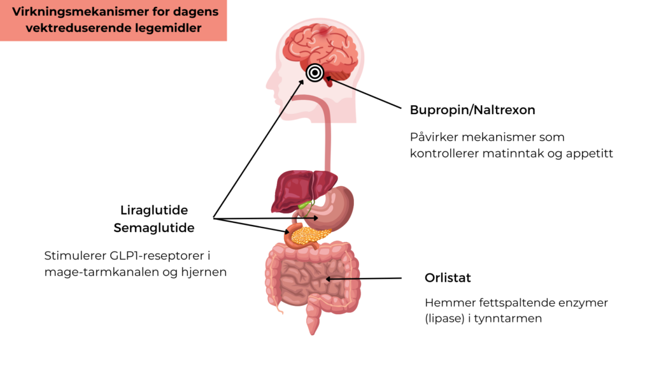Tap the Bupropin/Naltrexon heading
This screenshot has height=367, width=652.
[x=472, y=110]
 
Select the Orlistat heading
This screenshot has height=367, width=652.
[x=448, y=278]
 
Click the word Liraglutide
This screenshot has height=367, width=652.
[x=154, y=210]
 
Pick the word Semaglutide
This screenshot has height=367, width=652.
[x=154, y=227]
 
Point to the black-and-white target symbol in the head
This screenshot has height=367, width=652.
[x=315, y=73]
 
